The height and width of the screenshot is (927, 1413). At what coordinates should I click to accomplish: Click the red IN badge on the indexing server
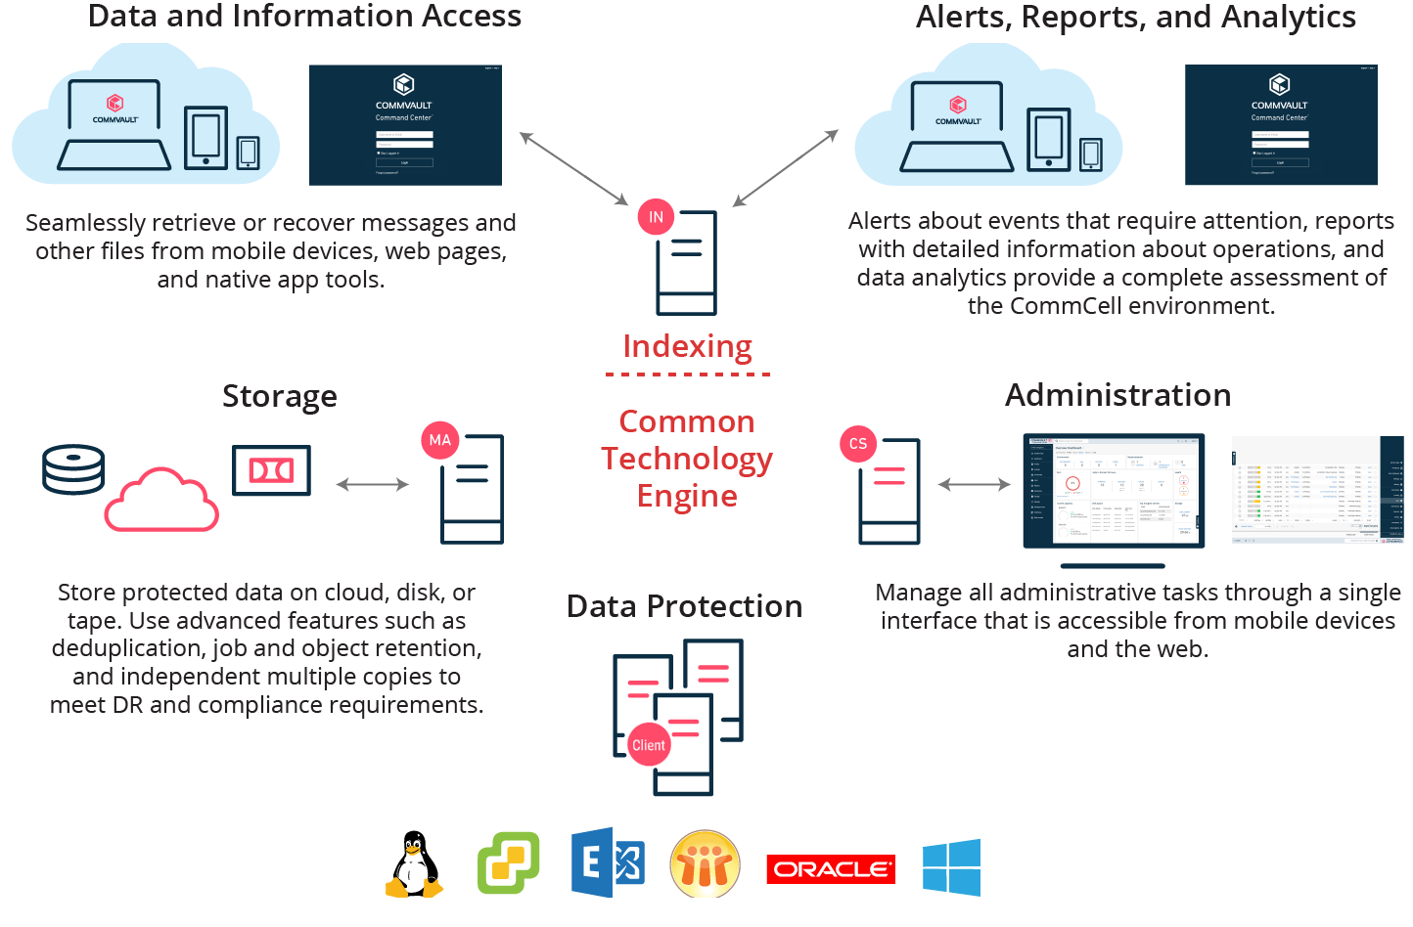point(656,217)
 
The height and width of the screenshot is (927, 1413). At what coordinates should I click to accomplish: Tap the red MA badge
point(440,440)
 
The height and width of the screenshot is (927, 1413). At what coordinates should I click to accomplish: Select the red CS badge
point(858,444)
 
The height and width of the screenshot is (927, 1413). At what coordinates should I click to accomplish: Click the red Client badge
point(648,745)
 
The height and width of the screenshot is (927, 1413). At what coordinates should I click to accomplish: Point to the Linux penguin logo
point(415,864)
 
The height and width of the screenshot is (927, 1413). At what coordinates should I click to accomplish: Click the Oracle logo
point(831,868)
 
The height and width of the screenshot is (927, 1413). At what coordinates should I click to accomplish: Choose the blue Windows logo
point(951,867)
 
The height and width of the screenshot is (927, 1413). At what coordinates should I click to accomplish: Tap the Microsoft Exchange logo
point(608,862)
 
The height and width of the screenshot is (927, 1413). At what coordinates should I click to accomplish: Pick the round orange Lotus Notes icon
point(705,864)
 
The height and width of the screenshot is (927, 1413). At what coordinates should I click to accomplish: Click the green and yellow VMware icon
point(508,862)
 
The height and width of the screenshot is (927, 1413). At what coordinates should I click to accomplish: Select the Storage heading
point(280,397)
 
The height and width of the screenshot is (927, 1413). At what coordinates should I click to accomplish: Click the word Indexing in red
point(687,347)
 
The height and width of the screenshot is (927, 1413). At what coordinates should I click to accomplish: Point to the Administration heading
point(1117,395)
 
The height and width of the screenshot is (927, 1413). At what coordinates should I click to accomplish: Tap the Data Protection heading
point(684,606)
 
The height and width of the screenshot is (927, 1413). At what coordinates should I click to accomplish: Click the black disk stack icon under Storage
point(73,469)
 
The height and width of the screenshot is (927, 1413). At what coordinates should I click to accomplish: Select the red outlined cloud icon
point(161,500)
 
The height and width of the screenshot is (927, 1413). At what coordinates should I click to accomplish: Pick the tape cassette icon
point(271,470)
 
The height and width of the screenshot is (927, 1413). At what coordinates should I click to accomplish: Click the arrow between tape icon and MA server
point(372,484)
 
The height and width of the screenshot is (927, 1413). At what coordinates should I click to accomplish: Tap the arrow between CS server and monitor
point(974,484)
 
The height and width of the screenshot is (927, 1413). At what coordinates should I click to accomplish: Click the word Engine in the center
point(687,497)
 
